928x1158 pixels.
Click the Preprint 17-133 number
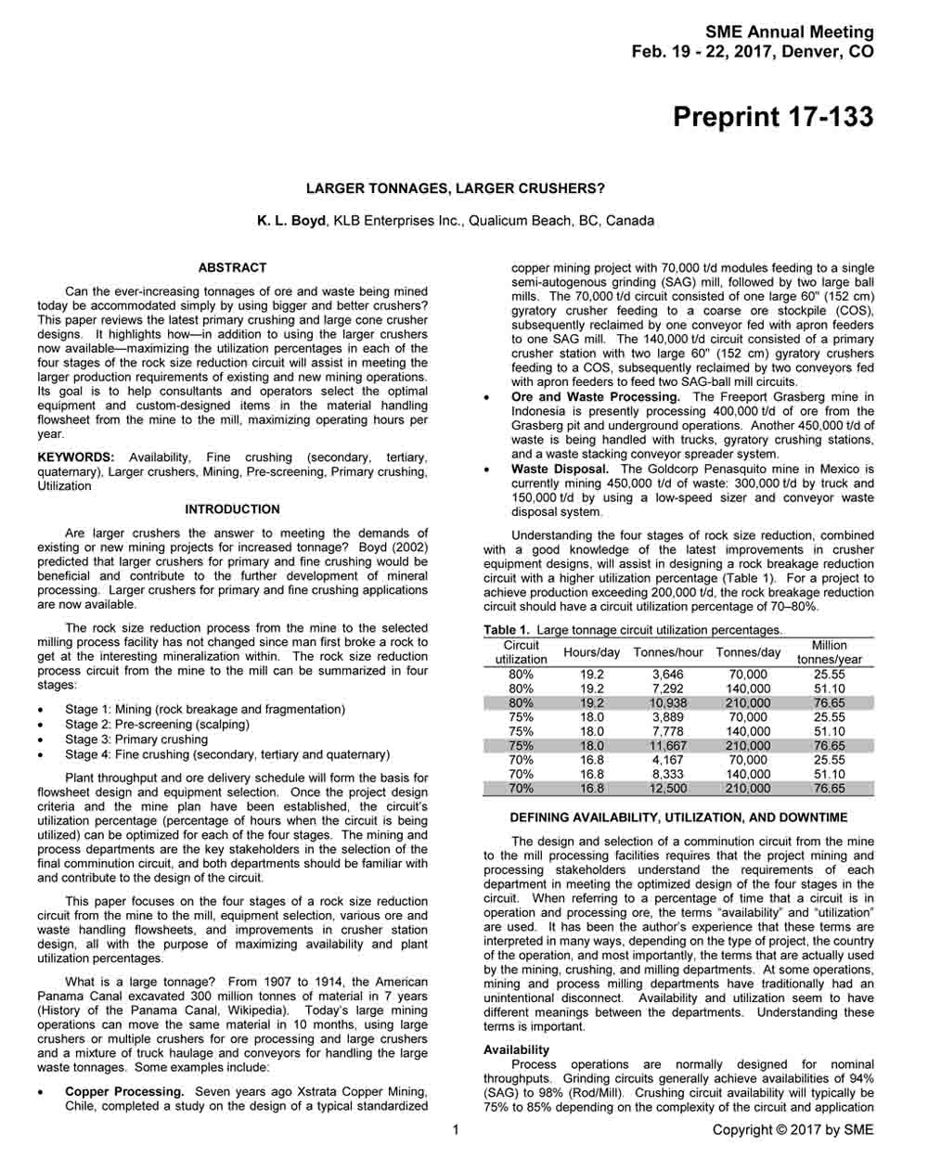772,118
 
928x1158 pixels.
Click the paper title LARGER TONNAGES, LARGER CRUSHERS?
455,188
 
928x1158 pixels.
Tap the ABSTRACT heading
232,268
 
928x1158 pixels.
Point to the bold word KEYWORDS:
76,457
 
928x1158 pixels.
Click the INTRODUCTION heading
232,509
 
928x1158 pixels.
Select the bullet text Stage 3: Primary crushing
136,740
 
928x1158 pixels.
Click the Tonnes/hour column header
668,652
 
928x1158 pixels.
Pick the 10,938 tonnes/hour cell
668,703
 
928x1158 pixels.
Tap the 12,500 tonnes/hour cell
668,789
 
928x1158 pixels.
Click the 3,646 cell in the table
668,675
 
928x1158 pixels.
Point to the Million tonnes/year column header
829,652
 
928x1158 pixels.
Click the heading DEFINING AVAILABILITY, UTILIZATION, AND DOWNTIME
678,817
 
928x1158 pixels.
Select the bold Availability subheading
516,1050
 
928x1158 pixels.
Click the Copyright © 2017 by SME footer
793,1129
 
